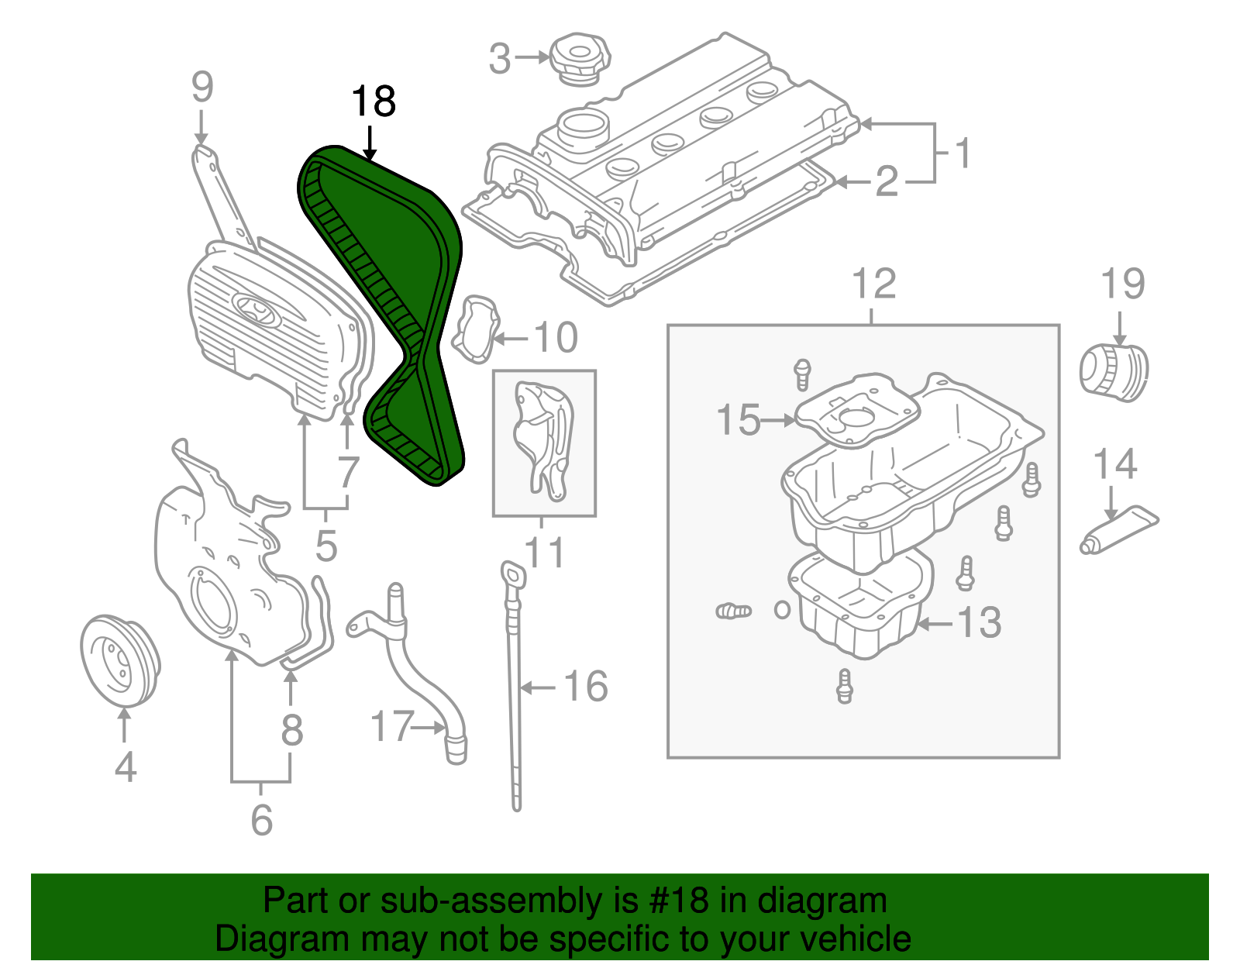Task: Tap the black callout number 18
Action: pyautogui.click(x=374, y=102)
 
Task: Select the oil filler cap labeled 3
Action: pyautogui.click(x=580, y=59)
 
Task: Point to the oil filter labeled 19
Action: pyautogui.click(x=1114, y=374)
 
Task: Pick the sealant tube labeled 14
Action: pyautogui.click(x=1119, y=531)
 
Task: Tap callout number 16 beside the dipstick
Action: pyautogui.click(x=585, y=687)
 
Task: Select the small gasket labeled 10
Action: pyautogui.click(x=475, y=329)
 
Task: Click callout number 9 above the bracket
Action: pyautogui.click(x=201, y=87)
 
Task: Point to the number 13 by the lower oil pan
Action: pyautogui.click(x=980, y=622)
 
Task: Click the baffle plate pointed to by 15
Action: pyautogui.click(x=856, y=411)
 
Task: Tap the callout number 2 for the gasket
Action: pyautogui.click(x=887, y=181)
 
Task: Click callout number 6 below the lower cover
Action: pyautogui.click(x=261, y=819)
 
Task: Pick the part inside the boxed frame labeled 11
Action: pyautogui.click(x=542, y=438)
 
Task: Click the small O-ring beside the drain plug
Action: pyautogui.click(x=783, y=610)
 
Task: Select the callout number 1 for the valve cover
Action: pyautogui.click(x=963, y=153)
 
